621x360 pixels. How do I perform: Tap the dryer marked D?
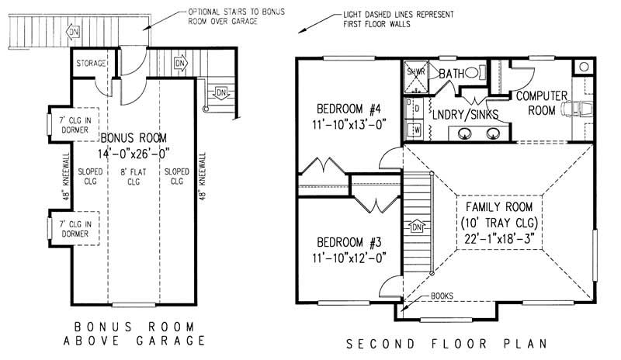(415, 108)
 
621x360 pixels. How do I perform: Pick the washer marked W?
(415, 129)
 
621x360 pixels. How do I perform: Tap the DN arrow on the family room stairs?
(416, 227)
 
